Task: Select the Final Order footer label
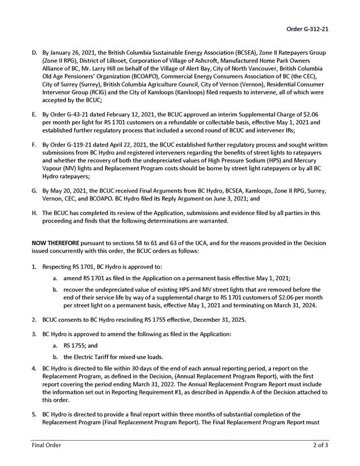[46, 445]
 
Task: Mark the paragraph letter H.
[34, 212]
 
